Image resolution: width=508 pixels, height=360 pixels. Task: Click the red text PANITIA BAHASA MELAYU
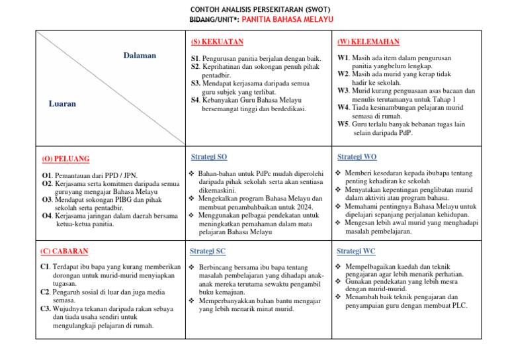286,20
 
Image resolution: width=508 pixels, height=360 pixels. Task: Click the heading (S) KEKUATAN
217,42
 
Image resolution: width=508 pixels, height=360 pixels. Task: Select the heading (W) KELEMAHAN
368,42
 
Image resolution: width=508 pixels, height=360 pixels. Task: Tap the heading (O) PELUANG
65,159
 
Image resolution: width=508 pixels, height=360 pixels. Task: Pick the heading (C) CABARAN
65,251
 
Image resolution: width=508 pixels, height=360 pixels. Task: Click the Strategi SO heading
208,157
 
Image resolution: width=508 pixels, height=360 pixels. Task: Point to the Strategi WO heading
357,157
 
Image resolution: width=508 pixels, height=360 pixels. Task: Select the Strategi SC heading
208,251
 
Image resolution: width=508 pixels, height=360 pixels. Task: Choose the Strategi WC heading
356,251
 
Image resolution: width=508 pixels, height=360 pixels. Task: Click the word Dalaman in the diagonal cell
140,56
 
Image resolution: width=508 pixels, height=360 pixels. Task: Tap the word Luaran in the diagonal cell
62,104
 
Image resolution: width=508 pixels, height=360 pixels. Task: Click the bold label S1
195,59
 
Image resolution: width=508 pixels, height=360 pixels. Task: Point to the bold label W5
343,124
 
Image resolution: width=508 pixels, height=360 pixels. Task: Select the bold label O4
46,216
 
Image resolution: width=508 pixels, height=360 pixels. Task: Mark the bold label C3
46,308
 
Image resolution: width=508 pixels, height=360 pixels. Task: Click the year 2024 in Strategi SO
304,206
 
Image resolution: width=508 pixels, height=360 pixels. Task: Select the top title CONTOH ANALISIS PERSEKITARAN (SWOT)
254,9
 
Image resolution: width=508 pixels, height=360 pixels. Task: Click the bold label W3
343,91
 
